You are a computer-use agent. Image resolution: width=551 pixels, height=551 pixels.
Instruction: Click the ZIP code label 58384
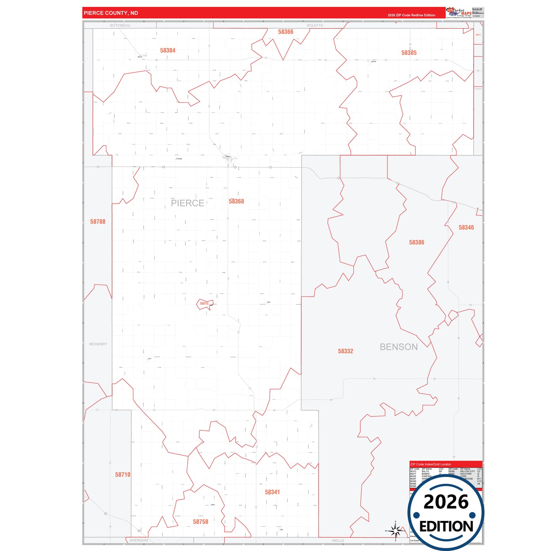[168, 50]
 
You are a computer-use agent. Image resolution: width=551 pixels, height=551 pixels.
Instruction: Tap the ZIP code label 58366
[286, 32]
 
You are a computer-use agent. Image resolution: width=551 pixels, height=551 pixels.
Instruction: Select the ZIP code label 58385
[409, 53]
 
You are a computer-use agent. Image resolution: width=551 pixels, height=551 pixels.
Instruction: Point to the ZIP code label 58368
[236, 201]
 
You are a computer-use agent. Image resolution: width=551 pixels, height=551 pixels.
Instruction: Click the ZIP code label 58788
[98, 222]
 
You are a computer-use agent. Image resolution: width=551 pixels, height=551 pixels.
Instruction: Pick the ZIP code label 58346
[466, 228]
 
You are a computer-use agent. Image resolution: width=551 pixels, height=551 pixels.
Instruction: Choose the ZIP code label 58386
[416, 243]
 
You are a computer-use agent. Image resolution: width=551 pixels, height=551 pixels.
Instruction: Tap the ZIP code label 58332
[345, 351]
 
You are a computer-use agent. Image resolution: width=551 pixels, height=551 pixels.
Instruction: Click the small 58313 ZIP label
[204, 304]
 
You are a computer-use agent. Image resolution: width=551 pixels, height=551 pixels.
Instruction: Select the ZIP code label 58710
[123, 475]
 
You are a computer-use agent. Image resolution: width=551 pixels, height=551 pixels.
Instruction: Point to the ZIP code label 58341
[272, 492]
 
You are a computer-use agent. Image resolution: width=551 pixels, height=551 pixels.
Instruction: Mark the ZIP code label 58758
[201, 522]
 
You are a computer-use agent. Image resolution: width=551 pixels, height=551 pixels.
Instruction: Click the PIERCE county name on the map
[188, 203]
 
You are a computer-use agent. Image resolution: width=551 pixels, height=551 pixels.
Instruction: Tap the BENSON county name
[398, 347]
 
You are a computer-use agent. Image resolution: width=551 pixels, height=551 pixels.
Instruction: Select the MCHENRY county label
[98, 344]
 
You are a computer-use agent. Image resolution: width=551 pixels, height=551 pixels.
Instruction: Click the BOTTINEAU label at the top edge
[120, 26]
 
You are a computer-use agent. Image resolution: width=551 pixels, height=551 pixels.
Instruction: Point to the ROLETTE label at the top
[315, 26]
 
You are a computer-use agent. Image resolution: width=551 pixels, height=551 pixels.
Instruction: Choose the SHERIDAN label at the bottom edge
[138, 540]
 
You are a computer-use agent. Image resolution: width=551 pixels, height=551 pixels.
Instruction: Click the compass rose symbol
[396, 530]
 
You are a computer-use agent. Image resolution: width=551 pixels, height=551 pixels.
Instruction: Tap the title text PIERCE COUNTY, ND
[111, 13]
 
